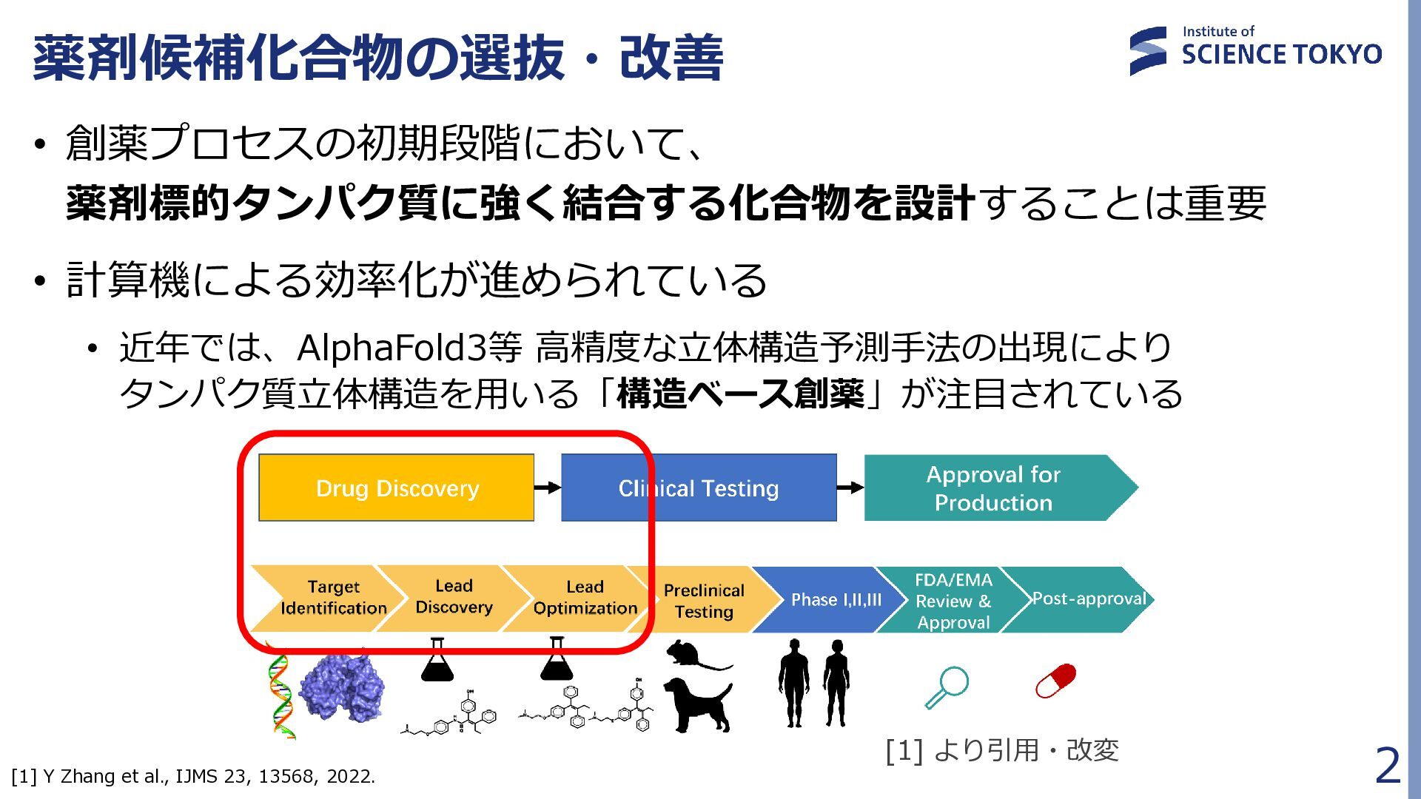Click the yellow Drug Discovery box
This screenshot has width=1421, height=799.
pyautogui.click(x=396, y=488)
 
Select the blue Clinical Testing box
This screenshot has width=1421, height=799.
pyautogui.click(x=699, y=488)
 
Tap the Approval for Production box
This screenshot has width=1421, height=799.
pyautogui.click(x=994, y=488)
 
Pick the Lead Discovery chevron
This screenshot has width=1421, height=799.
pyautogui.click(x=454, y=597)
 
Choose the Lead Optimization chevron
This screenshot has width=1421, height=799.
pyautogui.click(x=585, y=598)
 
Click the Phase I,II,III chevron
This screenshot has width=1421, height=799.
pyautogui.click(x=836, y=599)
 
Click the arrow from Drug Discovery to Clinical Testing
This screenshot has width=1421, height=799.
pyautogui.click(x=548, y=487)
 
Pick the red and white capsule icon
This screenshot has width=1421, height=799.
pyautogui.click(x=1055, y=681)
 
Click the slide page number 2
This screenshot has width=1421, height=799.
pyautogui.click(x=1387, y=766)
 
